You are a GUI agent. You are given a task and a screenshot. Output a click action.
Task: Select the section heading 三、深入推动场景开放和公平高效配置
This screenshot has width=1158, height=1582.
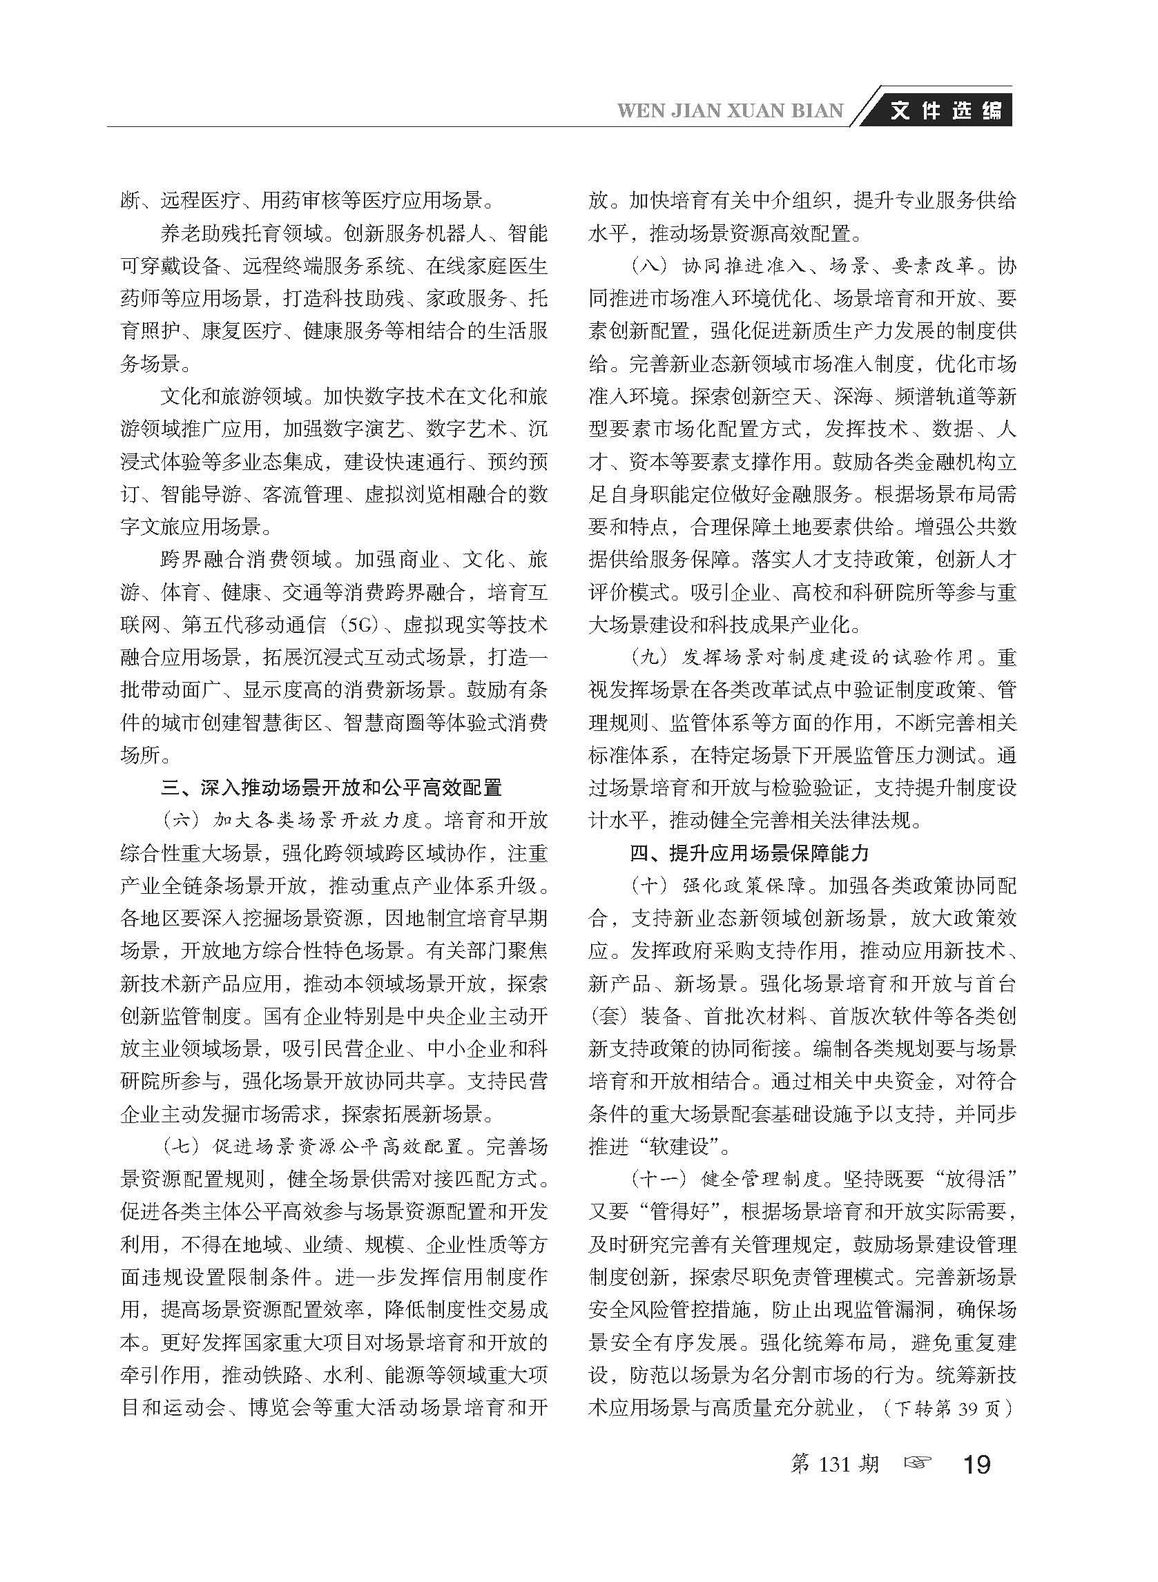click(x=331, y=788)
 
